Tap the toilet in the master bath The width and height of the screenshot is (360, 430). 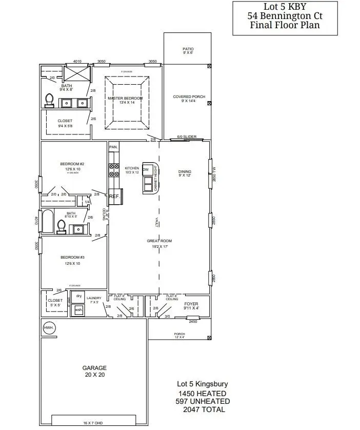click(50, 99)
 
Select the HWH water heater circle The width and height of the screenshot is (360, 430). click(48, 327)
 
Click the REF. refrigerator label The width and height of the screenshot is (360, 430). click(114, 196)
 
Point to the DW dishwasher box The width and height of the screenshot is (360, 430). click(146, 169)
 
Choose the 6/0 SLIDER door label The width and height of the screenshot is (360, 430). click(187, 137)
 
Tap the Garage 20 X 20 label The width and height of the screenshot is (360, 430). click(95, 372)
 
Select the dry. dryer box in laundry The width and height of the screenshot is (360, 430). click(79, 296)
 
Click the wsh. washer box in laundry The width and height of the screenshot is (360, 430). click(78, 310)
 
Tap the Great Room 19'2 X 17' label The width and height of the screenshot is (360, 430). click(159, 243)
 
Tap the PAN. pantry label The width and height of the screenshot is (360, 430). click(113, 147)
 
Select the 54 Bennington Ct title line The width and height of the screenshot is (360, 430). click(285, 16)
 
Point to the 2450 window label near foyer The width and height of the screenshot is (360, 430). click(193, 321)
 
